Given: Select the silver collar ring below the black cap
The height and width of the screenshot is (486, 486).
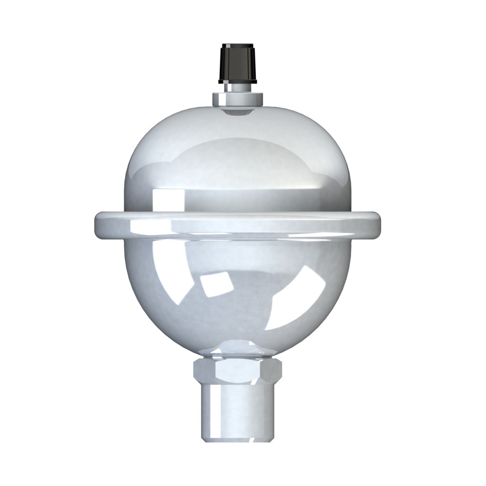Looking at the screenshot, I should coord(237,100).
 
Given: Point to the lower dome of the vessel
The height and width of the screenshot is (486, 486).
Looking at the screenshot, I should coord(237,294).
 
